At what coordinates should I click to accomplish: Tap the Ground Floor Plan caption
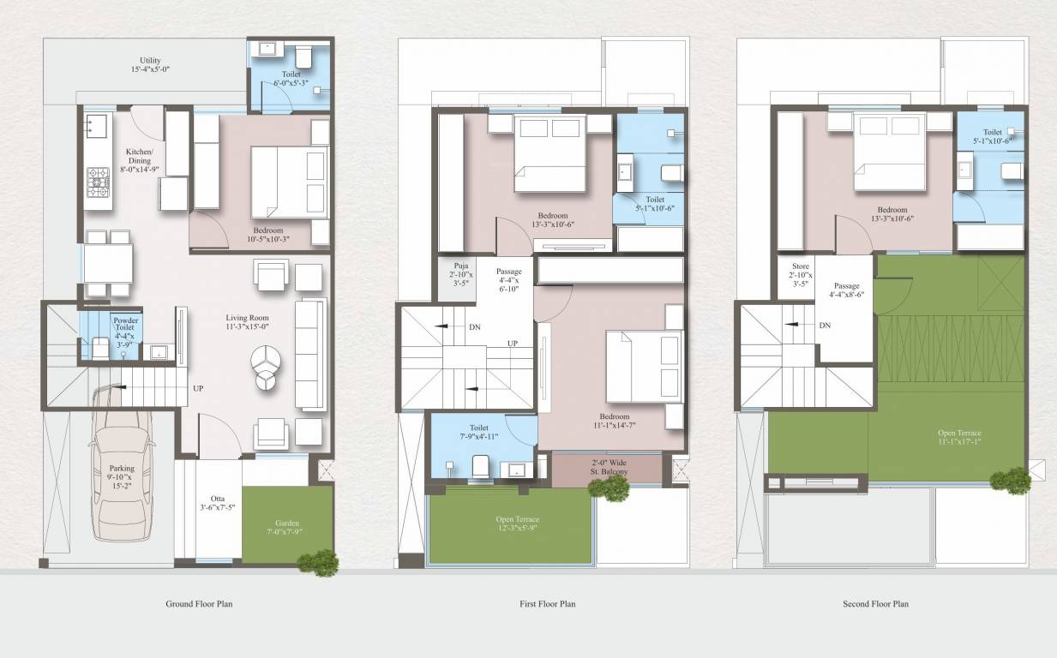click(x=199, y=604)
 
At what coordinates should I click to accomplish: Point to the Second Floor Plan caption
click(x=875, y=604)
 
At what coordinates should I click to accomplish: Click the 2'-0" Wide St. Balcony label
click(x=610, y=467)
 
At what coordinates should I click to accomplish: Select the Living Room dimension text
click(x=248, y=326)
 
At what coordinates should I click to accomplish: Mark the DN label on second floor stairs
click(x=825, y=326)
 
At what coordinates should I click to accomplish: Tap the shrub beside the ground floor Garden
click(x=319, y=562)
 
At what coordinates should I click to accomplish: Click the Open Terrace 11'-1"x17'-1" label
click(x=959, y=439)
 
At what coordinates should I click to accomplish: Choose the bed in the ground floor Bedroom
click(x=289, y=182)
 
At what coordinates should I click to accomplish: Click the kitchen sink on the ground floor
click(x=97, y=126)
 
